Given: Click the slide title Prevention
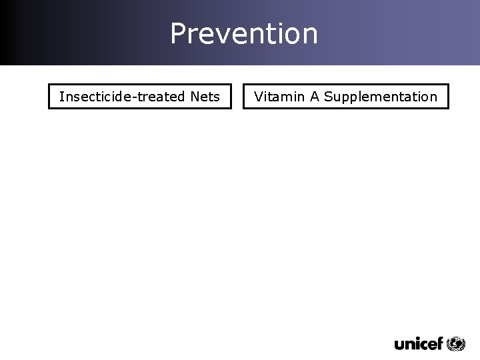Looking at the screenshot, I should pyautogui.click(x=244, y=33).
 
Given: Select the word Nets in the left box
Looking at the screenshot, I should pyautogui.click(x=205, y=97).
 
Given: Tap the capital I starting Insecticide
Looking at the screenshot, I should pyautogui.click(x=61, y=97).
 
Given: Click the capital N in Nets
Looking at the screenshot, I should pyautogui.click(x=195, y=97).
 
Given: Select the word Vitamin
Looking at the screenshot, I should pyautogui.click(x=279, y=97).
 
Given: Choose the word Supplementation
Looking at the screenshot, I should pyautogui.click(x=381, y=97).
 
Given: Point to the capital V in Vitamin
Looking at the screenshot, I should pyautogui.click(x=259, y=97).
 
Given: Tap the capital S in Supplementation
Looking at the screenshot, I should pyautogui.click(x=328, y=97).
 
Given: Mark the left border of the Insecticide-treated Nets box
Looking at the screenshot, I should pyautogui.click(x=49, y=96).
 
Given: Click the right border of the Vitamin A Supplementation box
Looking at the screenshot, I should pyautogui.click(x=448, y=96).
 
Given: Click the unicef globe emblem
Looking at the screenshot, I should pyautogui.click(x=456, y=343).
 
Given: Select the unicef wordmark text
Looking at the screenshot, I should pyautogui.click(x=419, y=344).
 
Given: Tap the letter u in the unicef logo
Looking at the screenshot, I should pyautogui.click(x=400, y=345).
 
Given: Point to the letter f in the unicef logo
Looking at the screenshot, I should pyautogui.click(x=439, y=343).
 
